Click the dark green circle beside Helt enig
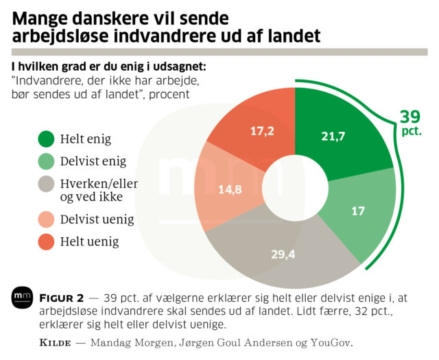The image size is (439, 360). [47, 139]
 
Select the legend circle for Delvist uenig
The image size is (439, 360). [47, 219]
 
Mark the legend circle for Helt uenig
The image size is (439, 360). [47, 241]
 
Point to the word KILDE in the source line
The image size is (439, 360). [53, 342]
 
